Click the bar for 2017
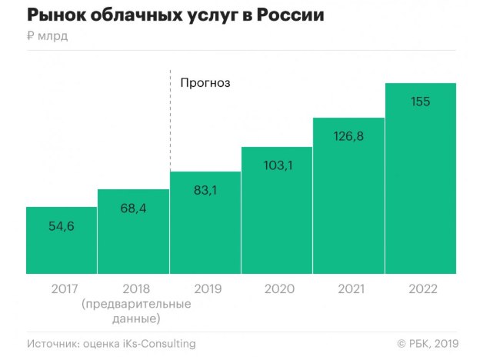pos(62,240)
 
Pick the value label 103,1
pos(277,165)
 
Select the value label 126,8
pos(348,137)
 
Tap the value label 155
pos(421,102)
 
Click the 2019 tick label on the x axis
pos(205,290)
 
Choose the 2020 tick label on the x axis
pos(277,290)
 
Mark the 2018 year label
pos(133,290)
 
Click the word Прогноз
pos(205,82)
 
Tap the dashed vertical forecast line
pos(169,123)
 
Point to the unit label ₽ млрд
pos(47,37)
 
